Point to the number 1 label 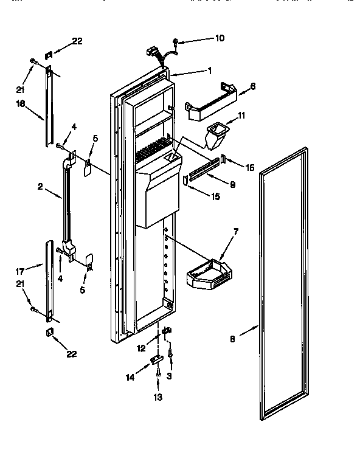[209, 70]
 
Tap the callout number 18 [20, 104]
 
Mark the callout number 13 [158, 397]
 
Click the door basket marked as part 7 [209, 275]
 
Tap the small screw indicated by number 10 [175, 41]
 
